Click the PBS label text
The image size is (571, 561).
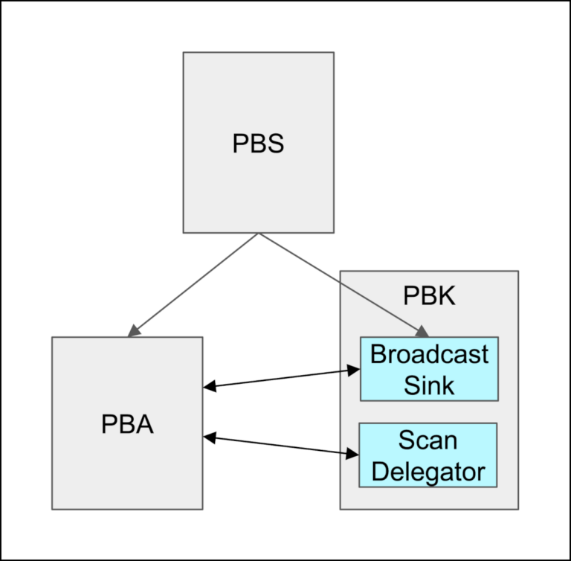(x=258, y=143)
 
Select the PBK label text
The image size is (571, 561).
(x=428, y=295)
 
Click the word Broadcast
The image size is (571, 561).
(x=429, y=354)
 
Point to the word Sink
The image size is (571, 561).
(x=429, y=385)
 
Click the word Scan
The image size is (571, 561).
(x=428, y=440)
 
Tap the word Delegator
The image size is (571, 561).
(x=428, y=471)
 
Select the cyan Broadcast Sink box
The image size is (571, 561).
(x=429, y=369)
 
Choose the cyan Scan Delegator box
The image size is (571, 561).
(x=428, y=455)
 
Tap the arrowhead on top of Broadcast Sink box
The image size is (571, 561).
(x=422, y=331)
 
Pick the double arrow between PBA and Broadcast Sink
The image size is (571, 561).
(x=281, y=378)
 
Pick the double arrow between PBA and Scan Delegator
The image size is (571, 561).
(x=281, y=445)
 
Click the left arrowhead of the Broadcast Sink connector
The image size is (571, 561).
(x=210, y=386)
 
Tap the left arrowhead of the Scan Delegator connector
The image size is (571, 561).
(x=210, y=438)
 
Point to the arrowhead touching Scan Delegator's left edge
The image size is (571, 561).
(x=352, y=452)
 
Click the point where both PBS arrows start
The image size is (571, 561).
(x=258, y=234)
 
